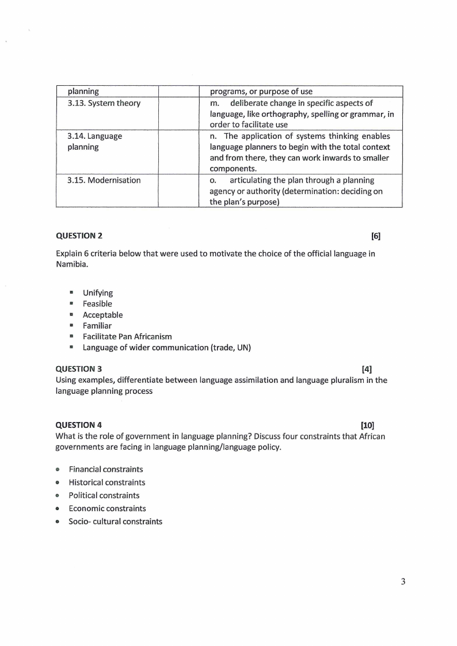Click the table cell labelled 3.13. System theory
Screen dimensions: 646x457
coord(104,103)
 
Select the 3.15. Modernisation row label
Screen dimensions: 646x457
coord(104,180)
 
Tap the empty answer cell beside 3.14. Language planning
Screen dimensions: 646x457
coord(178,153)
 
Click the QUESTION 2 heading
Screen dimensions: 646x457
coord(79,235)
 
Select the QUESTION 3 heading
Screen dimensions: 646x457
coord(79,368)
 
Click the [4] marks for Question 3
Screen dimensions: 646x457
coord(367,368)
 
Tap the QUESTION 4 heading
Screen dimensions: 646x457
coord(79,425)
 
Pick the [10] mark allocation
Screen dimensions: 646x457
coord(367,425)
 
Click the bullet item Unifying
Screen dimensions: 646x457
coord(98,292)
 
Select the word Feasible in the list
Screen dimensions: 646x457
coord(97,303)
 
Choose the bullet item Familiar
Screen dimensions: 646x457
coord(97,325)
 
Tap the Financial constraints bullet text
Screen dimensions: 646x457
coord(106,469)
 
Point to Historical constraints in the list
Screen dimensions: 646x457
coord(107,482)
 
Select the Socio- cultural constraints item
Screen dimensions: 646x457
coord(115,522)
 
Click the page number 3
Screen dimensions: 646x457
coord(403,582)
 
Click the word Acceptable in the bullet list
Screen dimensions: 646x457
coord(102,314)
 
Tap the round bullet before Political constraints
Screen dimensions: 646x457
coord(58,496)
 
